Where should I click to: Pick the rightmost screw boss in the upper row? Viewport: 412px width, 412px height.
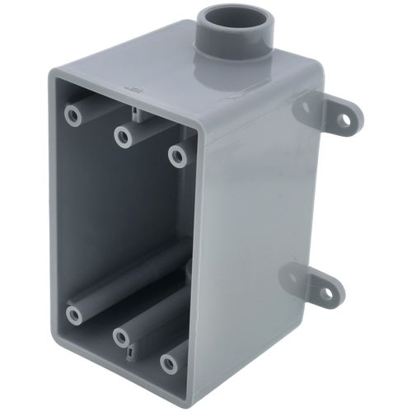pyautogui.click(x=177, y=153)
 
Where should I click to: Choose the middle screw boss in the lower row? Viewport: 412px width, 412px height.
pyautogui.click(x=123, y=337)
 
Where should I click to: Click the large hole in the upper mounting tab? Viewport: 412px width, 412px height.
pyautogui.click(x=340, y=120)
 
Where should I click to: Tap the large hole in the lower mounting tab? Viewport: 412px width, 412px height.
pyautogui.click(x=329, y=293)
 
